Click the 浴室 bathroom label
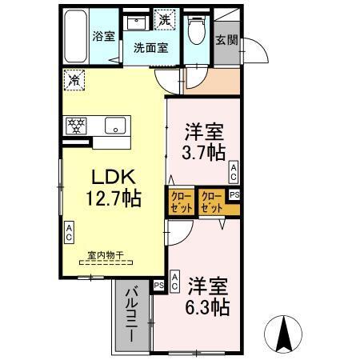104,36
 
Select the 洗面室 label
150,47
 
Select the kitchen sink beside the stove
114,125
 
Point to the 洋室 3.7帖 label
204,141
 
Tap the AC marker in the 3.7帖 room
234,170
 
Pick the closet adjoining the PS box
211,200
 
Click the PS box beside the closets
234,194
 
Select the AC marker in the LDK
70,234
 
